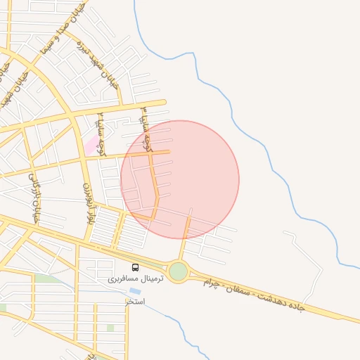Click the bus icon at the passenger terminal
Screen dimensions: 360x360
(x=136, y=267)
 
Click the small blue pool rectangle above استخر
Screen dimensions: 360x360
(x=134, y=290)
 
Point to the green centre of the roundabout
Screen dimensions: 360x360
(x=179, y=271)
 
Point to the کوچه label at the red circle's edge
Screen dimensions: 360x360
(x=146, y=129)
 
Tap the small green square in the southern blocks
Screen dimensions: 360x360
(x=110, y=328)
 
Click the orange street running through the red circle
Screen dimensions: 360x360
(x=154, y=179)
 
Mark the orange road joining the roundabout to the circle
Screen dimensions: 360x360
(x=184, y=239)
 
